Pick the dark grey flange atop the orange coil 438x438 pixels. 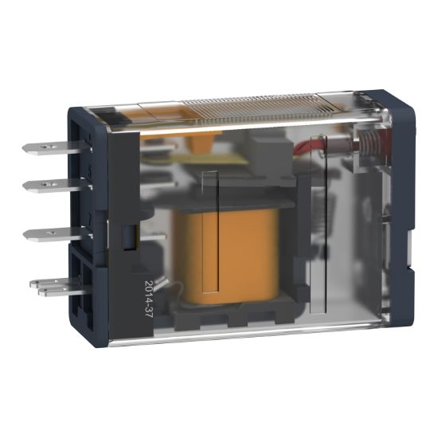click(239, 196)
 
